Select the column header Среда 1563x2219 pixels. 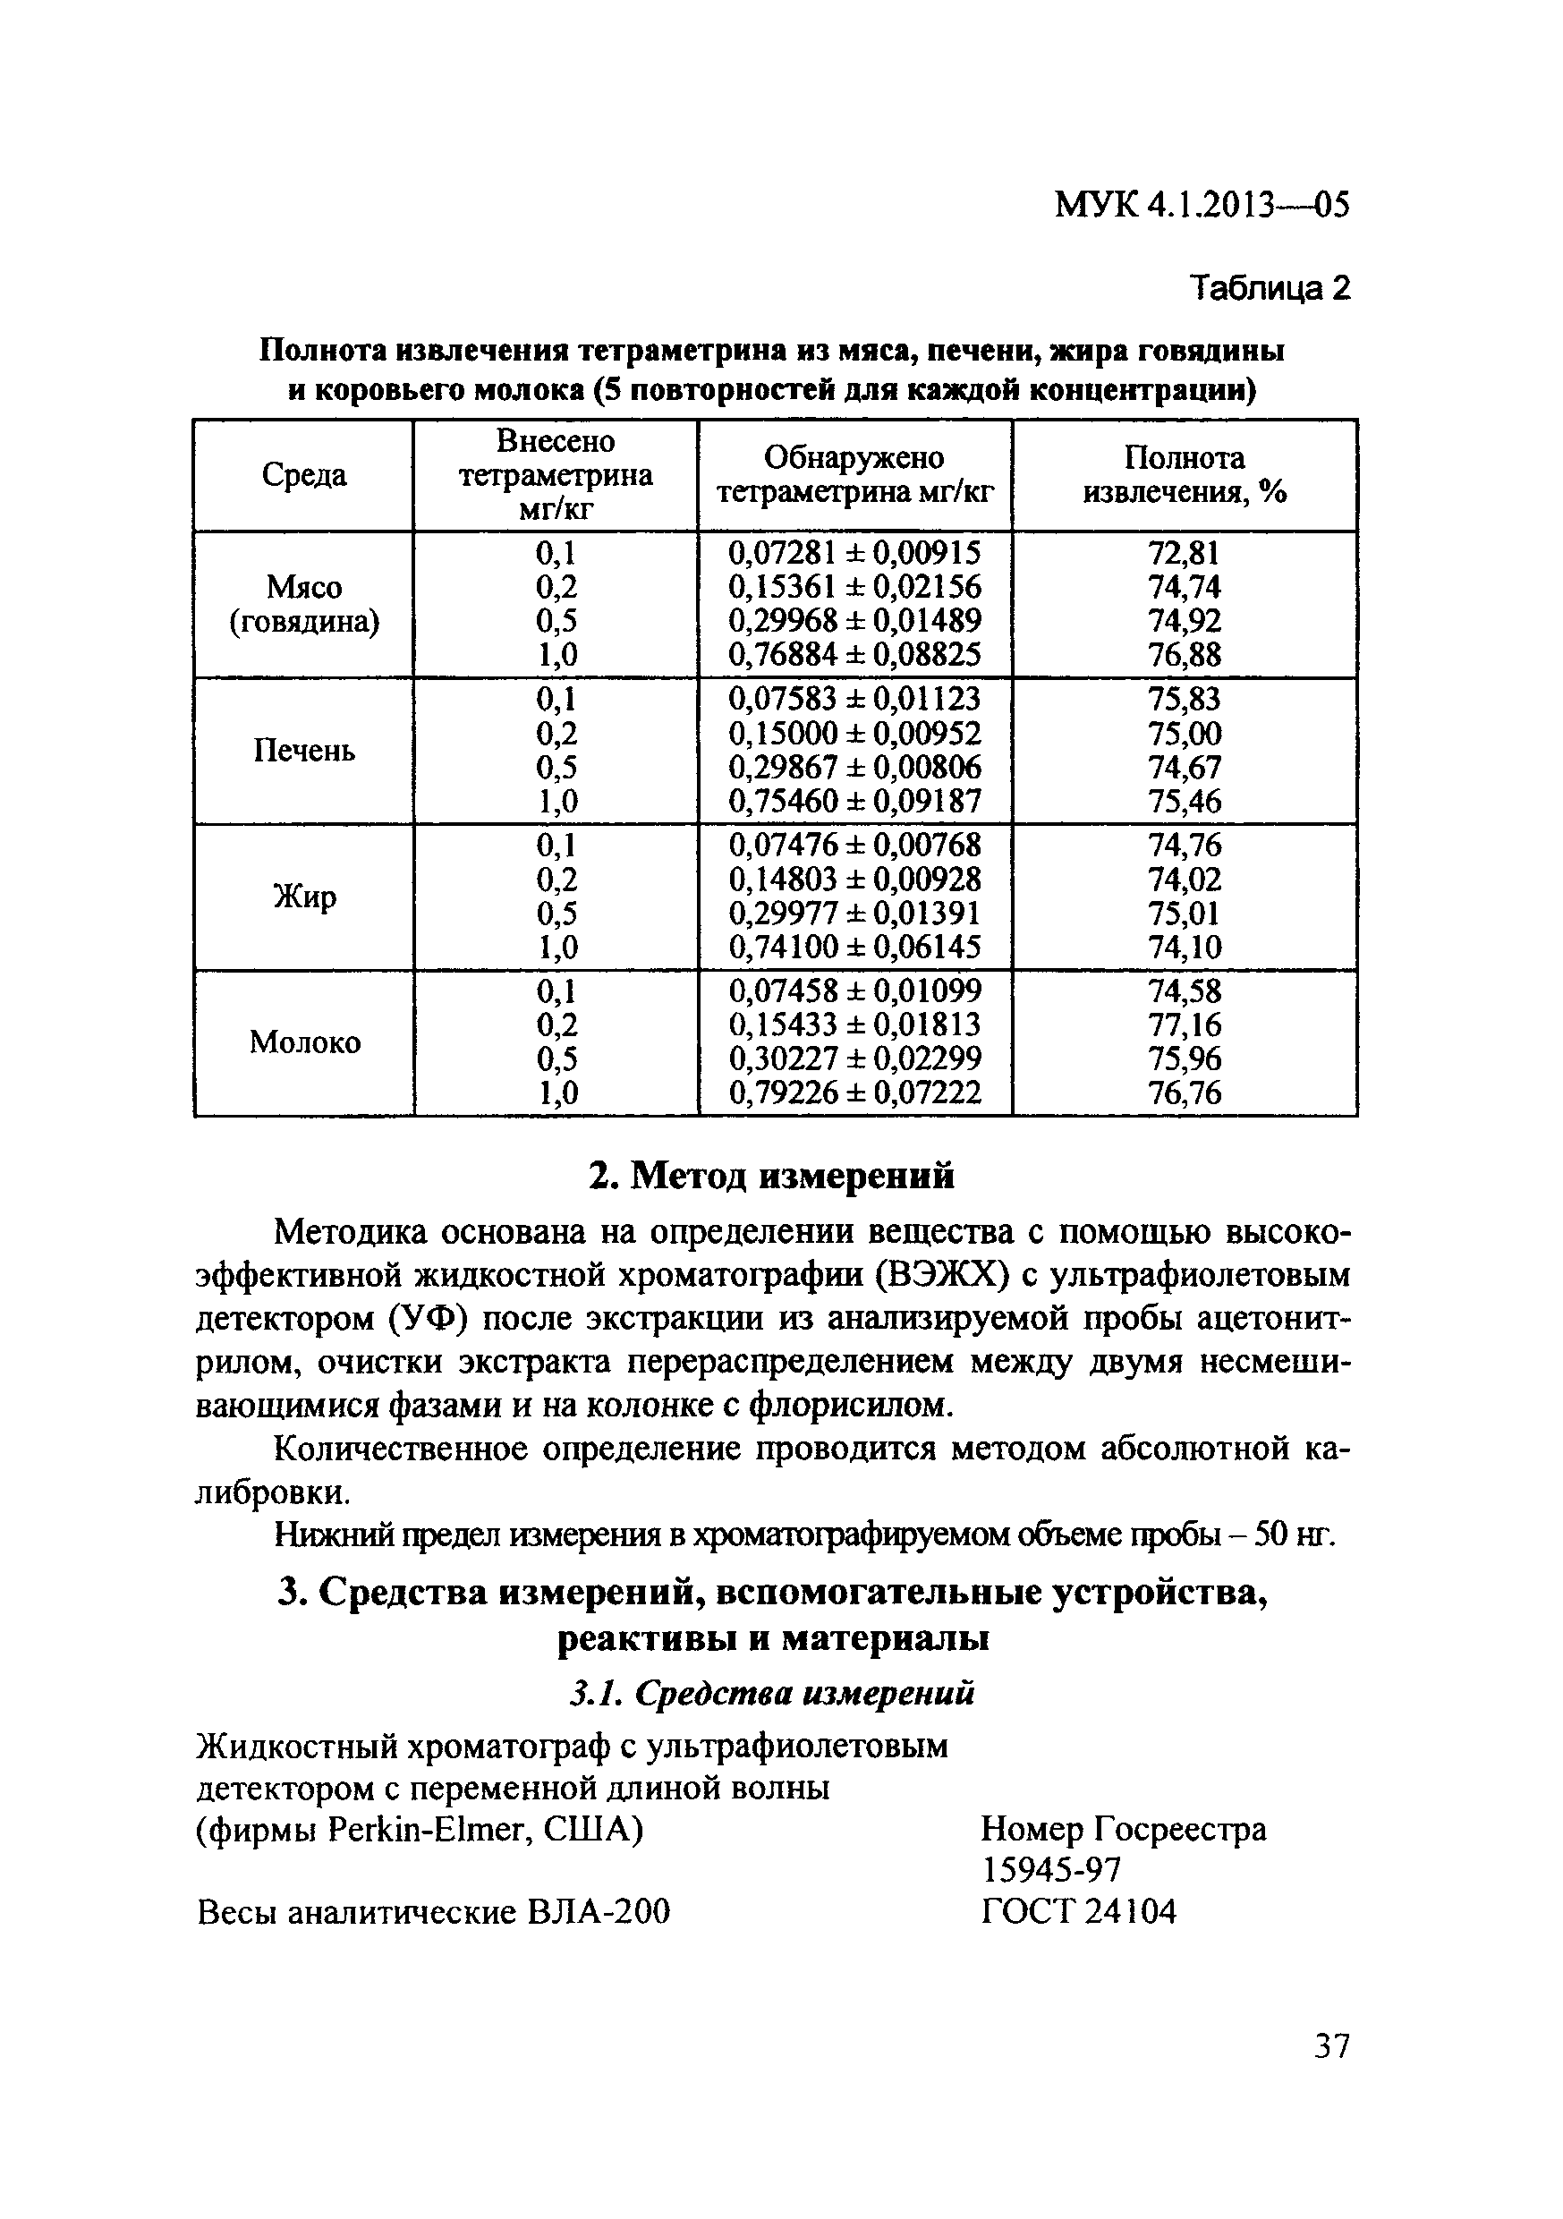pyautogui.click(x=303, y=475)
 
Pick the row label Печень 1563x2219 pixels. pyautogui.click(x=303, y=750)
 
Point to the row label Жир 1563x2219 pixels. pyautogui.click(x=303, y=897)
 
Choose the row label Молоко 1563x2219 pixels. pyautogui.click(x=303, y=1041)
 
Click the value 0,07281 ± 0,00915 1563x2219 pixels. pyautogui.click(x=854, y=553)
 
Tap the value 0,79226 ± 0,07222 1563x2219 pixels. pyautogui.click(x=854, y=1093)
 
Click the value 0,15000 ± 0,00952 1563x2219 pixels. pyautogui.click(x=854, y=733)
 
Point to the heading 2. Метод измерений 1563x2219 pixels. pyautogui.click(x=770, y=1177)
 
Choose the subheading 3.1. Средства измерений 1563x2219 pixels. pyautogui.click(x=770, y=1692)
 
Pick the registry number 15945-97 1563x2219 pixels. pyautogui.click(x=1050, y=1870)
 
